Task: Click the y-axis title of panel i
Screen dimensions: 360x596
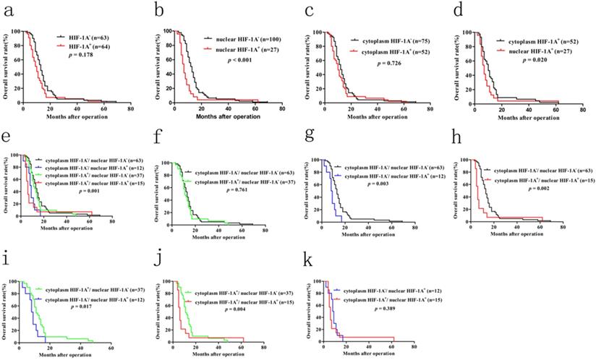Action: click(7, 309)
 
